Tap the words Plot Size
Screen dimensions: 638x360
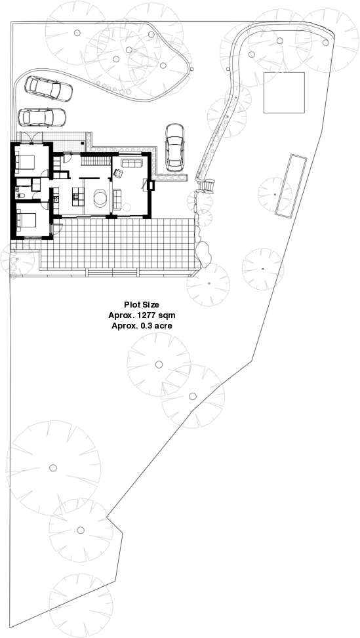(142, 305)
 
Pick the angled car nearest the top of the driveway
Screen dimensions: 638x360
(48, 88)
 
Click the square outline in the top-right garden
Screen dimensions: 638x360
(284, 92)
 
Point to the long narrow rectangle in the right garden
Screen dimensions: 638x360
(290, 186)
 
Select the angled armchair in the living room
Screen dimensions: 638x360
(119, 173)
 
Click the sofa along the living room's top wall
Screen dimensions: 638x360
(132, 162)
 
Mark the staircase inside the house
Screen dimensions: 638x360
(96, 161)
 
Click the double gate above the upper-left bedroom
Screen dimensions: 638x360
(30, 137)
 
